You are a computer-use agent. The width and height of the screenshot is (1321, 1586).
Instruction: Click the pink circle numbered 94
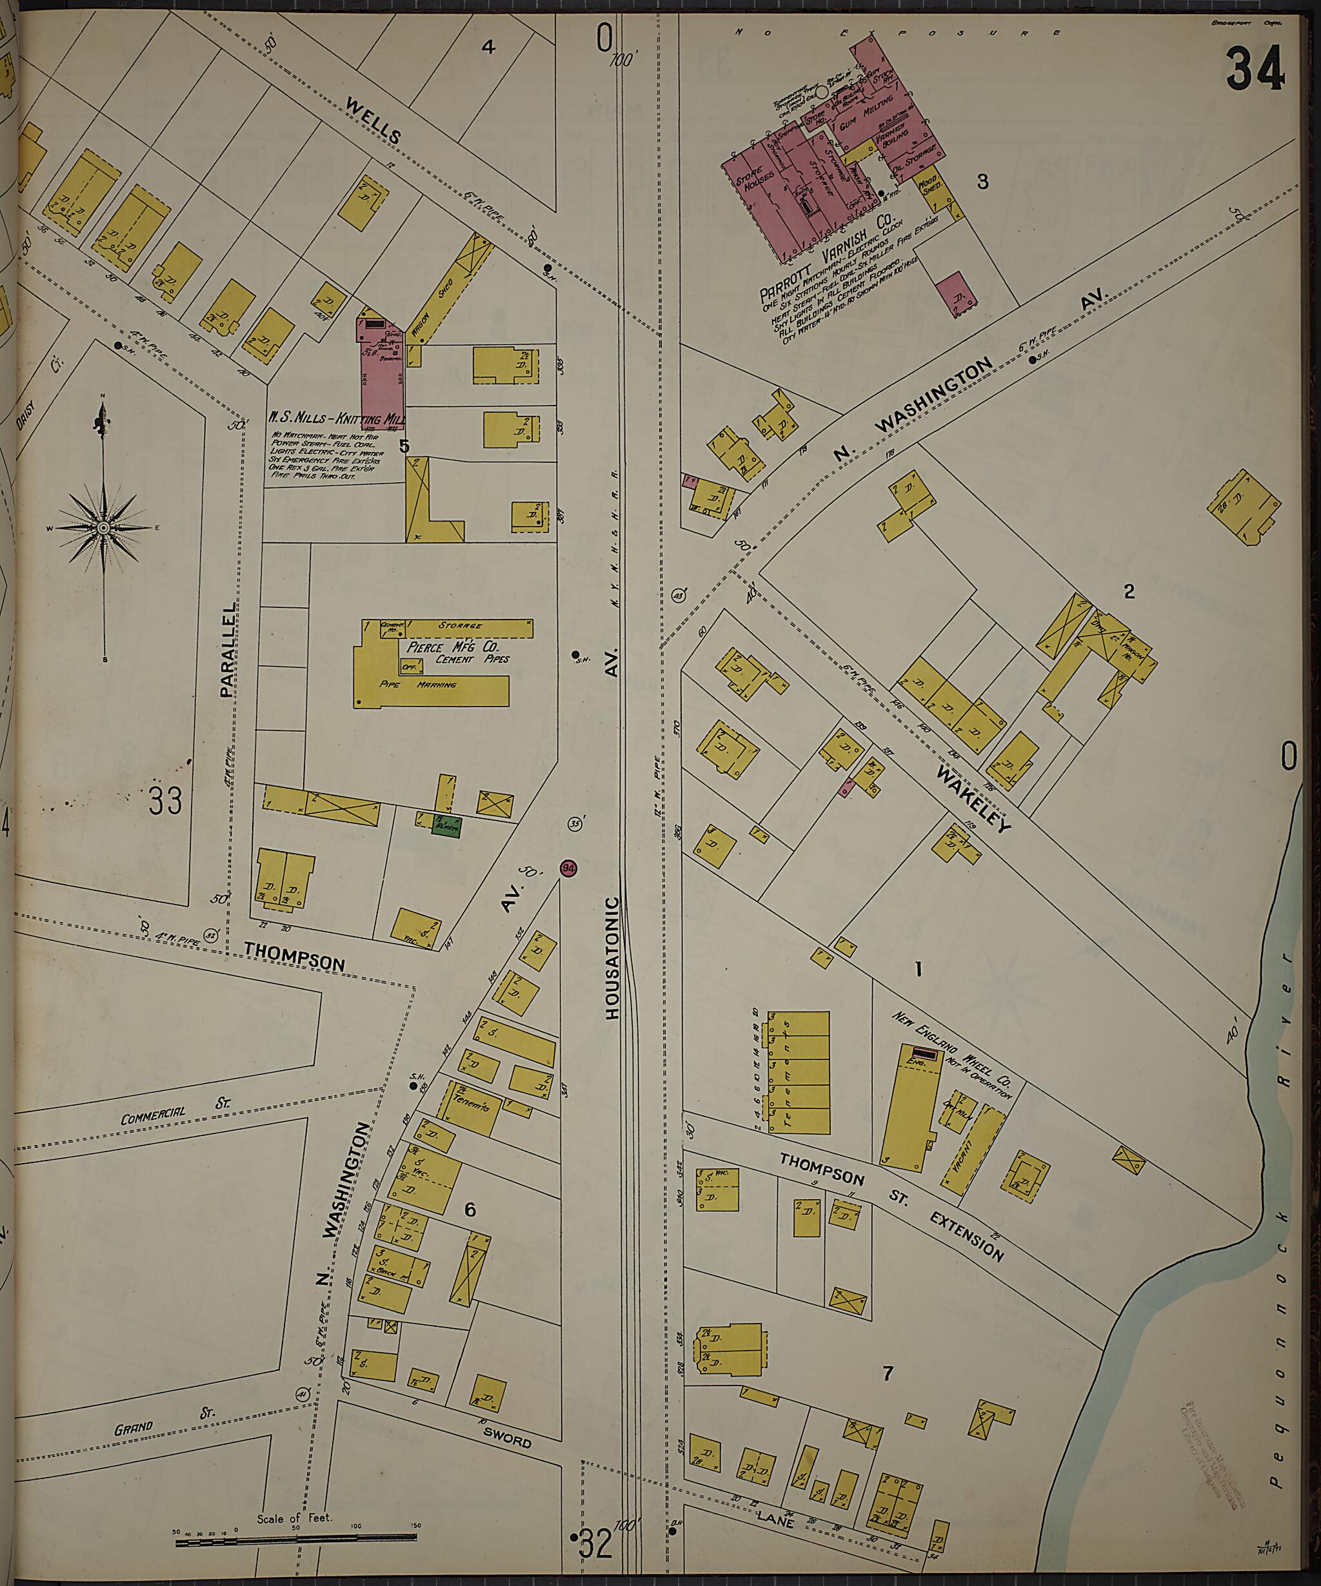click(568, 868)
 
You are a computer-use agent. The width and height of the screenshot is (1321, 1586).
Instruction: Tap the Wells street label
click(375, 121)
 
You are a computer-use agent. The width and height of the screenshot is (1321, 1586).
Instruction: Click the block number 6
click(470, 1210)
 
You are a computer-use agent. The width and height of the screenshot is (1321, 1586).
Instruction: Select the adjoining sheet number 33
click(164, 801)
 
